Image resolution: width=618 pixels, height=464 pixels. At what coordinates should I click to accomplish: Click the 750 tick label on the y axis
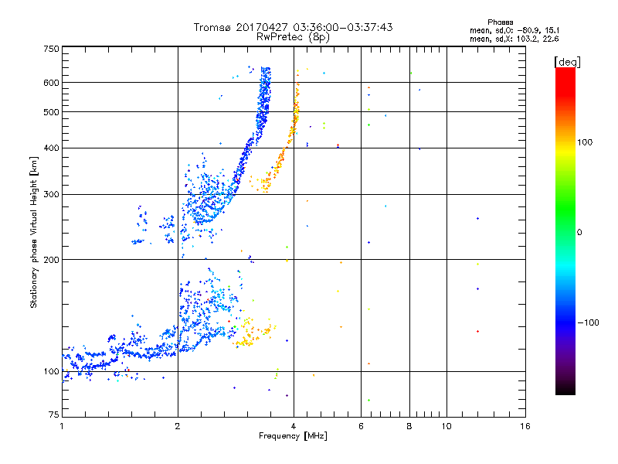tap(51, 49)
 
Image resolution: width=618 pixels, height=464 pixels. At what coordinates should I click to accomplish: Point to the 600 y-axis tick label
tap(51, 83)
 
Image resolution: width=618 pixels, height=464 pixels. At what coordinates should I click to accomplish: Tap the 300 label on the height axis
tap(51, 195)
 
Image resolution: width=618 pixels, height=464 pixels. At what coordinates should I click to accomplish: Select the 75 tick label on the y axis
tap(54, 415)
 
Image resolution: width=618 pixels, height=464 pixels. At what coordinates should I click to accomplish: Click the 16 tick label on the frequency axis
tap(525, 426)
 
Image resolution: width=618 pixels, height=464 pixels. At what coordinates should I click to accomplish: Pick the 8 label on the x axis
tap(409, 426)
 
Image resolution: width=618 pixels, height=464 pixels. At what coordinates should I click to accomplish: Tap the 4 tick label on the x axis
tap(294, 426)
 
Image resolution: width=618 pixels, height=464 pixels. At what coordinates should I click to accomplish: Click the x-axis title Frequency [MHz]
tap(293, 436)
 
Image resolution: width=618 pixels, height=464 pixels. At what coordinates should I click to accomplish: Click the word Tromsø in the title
tap(212, 27)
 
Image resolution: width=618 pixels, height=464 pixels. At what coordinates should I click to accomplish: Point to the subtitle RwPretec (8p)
tap(293, 37)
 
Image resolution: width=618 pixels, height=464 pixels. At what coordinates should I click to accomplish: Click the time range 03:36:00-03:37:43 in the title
tap(343, 27)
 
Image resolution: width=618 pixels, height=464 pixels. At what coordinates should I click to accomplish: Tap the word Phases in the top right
tap(500, 22)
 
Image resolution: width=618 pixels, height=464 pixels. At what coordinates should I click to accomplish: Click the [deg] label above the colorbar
tap(567, 62)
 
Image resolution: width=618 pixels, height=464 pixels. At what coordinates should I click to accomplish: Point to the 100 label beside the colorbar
tap(585, 142)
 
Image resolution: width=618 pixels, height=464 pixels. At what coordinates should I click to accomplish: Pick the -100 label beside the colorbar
tap(589, 322)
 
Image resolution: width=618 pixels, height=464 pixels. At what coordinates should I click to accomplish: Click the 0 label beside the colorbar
tap(579, 233)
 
